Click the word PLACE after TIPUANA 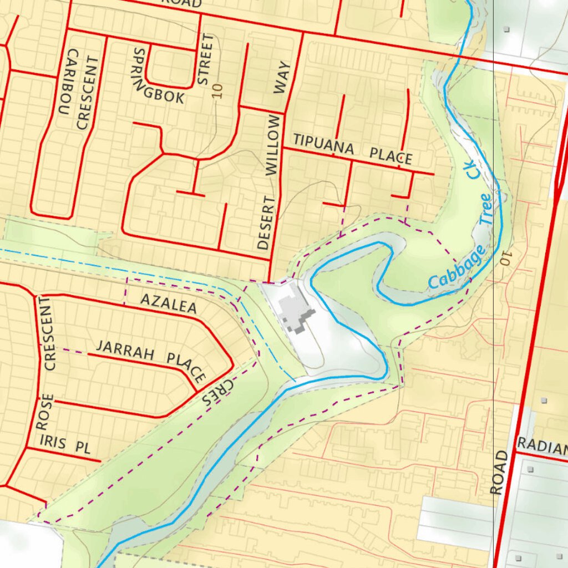(391, 156)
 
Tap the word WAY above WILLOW (283, 78)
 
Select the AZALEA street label (168, 303)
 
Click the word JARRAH (124, 349)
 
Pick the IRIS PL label (65, 444)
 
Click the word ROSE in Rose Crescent (44, 412)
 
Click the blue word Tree (486, 208)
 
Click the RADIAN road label (542, 445)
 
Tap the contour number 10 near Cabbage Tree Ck (505, 257)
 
